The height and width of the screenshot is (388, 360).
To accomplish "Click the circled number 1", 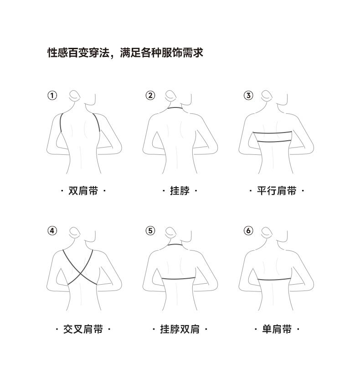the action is (x=52, y=95).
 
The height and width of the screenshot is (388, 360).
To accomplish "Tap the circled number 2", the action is (x=150, y=95).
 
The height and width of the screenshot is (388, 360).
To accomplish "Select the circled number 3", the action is (x=248, y=95).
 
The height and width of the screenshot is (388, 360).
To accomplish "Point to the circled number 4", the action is (x=52, y=230).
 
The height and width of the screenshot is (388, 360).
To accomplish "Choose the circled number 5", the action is (x=150, y=230).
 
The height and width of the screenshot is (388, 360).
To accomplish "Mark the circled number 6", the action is (x=248, y=230).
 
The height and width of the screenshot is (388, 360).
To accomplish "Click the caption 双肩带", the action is (x=83, y=191).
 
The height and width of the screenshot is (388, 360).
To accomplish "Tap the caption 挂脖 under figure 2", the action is (x=180, y=191).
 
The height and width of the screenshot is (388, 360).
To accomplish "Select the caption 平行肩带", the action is (x=277, y=191).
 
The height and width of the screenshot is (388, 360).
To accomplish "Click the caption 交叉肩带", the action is (x=83, y=329).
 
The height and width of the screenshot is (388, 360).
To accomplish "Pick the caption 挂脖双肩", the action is (x=180, y=329).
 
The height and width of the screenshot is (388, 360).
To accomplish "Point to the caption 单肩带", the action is (x=277, y=329).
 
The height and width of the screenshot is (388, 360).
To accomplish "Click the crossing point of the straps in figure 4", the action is (x=80, y=273).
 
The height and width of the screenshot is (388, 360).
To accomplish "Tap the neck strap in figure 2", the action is (x=175, y=108).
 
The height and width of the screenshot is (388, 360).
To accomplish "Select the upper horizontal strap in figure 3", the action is (x=273, y=133).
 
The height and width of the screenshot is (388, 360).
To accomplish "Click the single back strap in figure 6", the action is (x=274, y=280).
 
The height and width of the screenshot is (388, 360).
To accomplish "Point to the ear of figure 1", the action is (x=75, y=95).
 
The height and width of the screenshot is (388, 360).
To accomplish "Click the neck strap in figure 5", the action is (x=175, y=245).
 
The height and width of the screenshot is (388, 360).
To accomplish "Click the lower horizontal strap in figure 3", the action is (x=274, y=141).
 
